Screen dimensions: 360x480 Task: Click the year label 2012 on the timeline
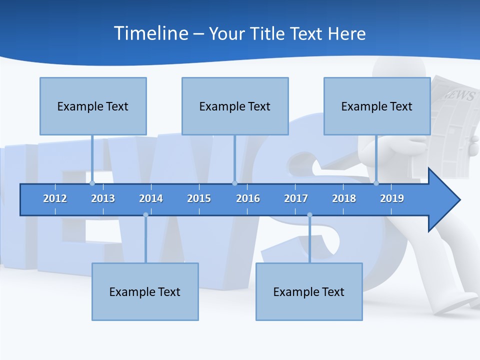click(55, 198)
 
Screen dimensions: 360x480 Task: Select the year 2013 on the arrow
click(103, 198)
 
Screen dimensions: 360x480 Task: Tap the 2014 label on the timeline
click(151, 198)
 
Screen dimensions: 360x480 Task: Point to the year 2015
click(199, 198)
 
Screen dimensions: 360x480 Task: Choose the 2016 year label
click(248, 198)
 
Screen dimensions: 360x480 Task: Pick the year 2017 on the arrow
click(296, 198)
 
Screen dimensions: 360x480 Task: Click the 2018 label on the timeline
click(344, 198)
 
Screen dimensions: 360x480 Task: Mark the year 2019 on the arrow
click(392, 198)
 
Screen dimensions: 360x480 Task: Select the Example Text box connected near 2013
click(93, 106)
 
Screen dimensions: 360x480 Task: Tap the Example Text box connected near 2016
click(235, 106)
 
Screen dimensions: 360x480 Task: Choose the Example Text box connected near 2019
click(377, 106)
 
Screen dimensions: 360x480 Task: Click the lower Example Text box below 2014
click(145, 291)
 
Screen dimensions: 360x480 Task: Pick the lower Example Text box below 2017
click(309, 291)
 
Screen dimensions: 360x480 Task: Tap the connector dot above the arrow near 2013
click(92, 183)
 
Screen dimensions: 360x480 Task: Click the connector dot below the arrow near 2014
click(145, 215)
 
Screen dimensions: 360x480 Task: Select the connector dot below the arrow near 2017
click(309, 215)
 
